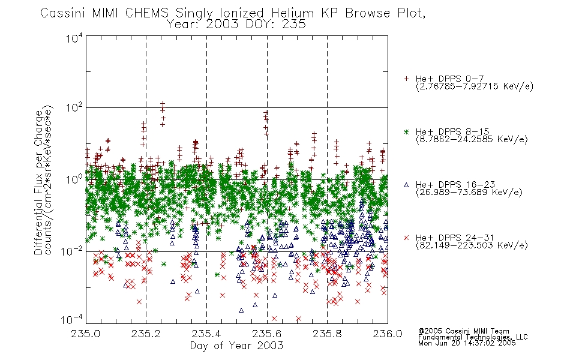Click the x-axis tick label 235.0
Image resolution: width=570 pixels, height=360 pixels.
tap(85, 334)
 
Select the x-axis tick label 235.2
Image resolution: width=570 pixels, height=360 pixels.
tap(146, 334)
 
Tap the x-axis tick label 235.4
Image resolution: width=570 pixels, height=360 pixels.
tap(206, 334)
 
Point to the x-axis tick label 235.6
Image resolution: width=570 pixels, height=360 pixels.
tap(266, 334)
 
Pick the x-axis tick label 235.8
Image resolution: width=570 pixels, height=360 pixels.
tap(327, 334)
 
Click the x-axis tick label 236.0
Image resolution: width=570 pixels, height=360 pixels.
tap(388, 334)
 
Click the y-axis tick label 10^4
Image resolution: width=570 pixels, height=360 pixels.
tap(74, 38)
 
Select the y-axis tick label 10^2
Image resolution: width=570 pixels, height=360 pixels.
tap(74, 107)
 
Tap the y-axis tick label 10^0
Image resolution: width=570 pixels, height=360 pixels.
tap(74, 179)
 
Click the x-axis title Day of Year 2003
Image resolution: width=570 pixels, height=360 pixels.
tap(236, 346)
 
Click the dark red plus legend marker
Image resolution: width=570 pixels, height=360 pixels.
tap(406, 79)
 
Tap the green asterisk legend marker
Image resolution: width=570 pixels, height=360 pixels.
tap(406, 131)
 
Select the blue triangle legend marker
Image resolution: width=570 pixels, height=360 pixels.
tap(406, 185)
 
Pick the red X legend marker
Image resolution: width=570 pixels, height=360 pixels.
tap(406, 238)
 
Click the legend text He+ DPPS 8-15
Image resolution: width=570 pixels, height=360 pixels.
tap(452, 131)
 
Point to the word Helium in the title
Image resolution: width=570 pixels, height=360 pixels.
tap(292, 13)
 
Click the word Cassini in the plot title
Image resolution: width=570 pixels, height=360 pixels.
tap(62, 13)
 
